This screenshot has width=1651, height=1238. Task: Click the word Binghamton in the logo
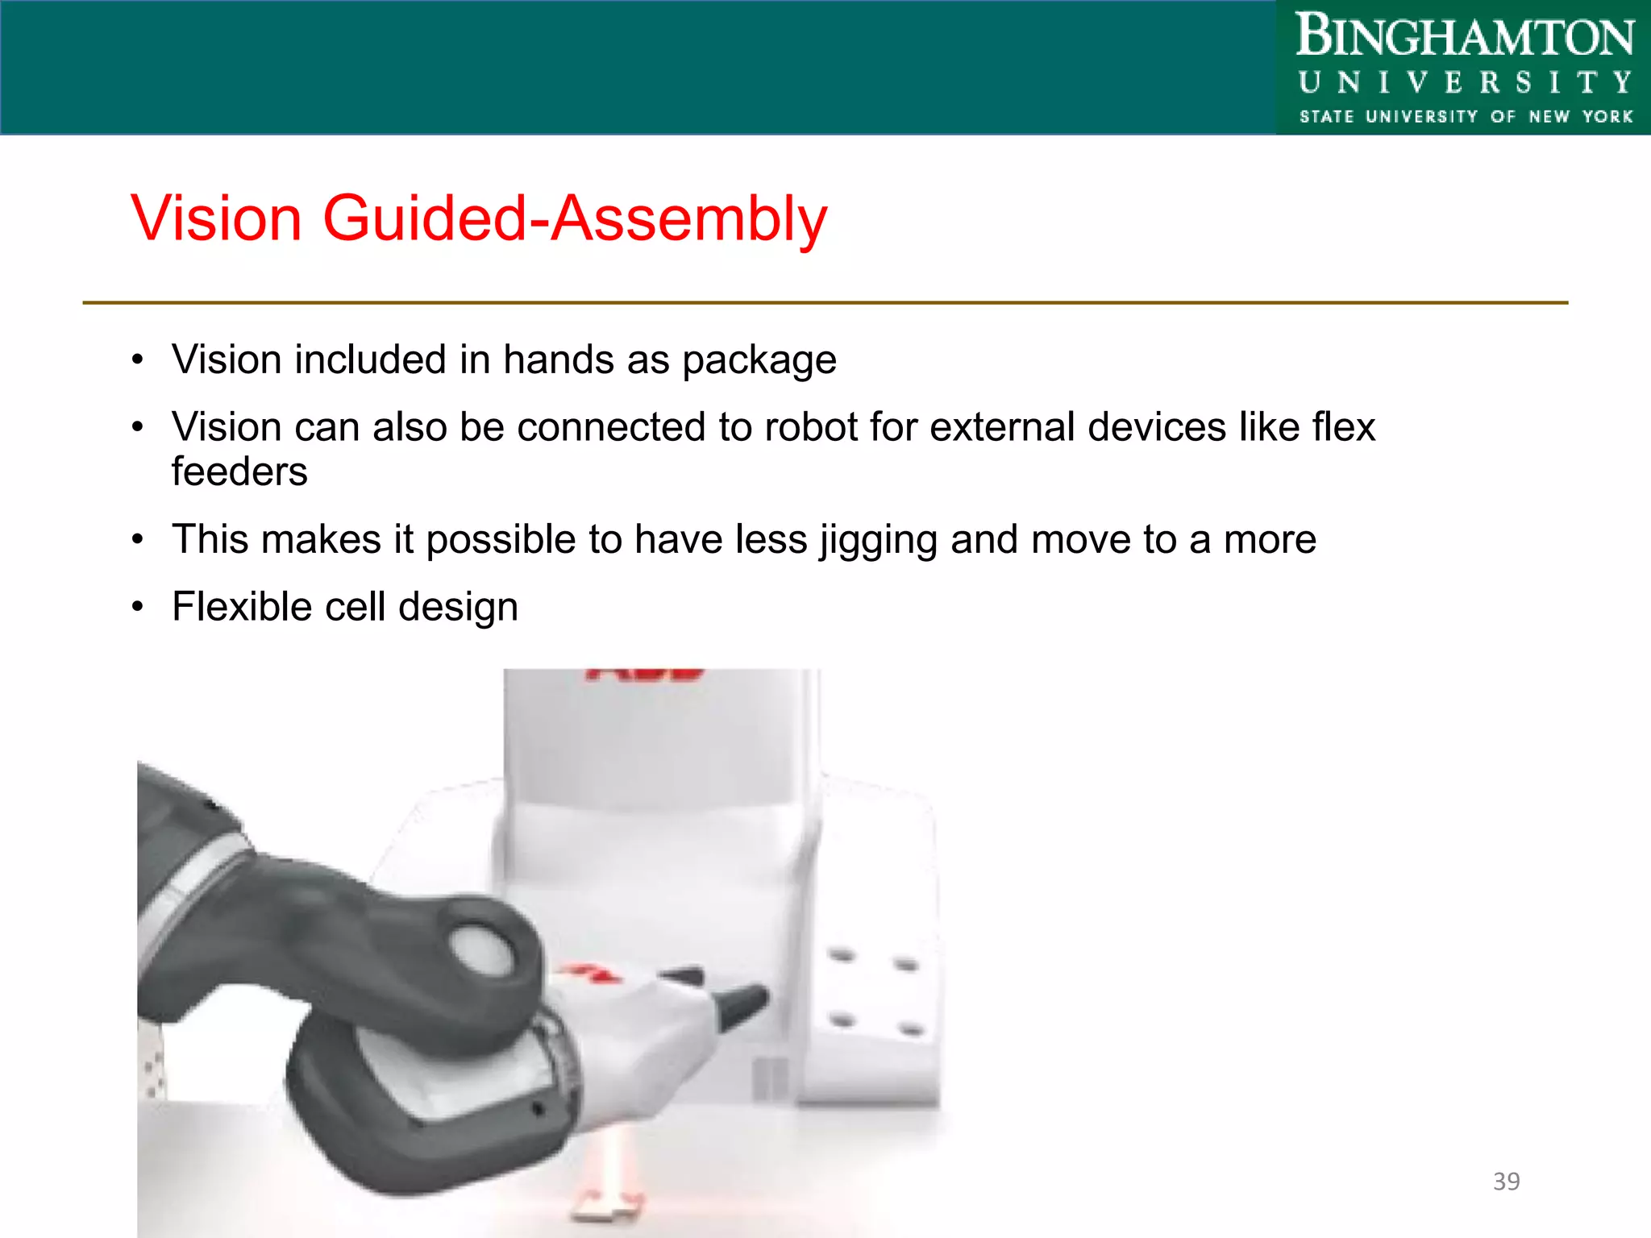[1464, 37]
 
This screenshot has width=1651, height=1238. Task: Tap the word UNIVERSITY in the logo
[1464, 82]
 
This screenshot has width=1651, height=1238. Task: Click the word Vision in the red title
[216, 218]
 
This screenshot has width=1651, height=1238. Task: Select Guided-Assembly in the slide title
[575, 218]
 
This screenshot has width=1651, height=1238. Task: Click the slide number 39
[1506, 1182]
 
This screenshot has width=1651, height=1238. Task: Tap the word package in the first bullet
[759, 360]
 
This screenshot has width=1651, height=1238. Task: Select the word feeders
[239, 472]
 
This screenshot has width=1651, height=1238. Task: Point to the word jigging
[879, 540]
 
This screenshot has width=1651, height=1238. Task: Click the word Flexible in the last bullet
[241, 607]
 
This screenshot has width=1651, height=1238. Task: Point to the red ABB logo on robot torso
[645, 674]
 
